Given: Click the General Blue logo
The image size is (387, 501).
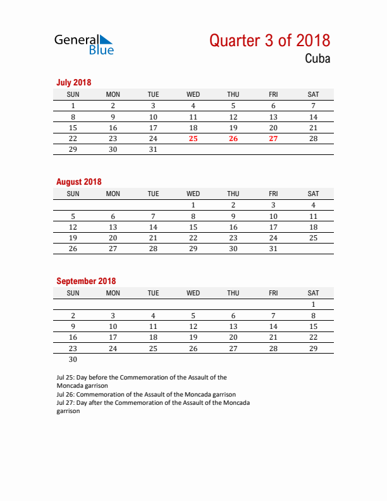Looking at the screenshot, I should pyautogui.click(x=84, y=44).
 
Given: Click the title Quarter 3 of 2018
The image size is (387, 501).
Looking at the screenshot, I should pyautogui.click(x=269, y=40).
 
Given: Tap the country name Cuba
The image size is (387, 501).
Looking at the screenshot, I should pyautogui.click(x=316, y=59).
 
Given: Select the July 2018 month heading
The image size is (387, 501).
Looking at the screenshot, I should pyautogui.click(x=74, y=82).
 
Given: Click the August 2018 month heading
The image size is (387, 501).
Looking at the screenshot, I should pyautogui.click(x=78, y=182).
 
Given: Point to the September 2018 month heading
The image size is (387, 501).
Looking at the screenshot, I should pyautogui.click(x=86, y=281).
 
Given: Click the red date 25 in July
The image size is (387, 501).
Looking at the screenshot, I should pyautogui.click(x=193, y=139).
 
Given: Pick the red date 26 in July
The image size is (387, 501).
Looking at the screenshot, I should pyautogui.click(x=233, y=139).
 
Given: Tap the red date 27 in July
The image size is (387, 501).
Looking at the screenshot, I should pyautogui.click(x=273, y=139).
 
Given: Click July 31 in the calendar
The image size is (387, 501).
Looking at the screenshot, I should pyautogui.click(x=153, y=150).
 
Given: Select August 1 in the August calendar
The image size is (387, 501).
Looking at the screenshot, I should pyautogui.click(x=193, y=205).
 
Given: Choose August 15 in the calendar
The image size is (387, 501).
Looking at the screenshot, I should pyautogui.click(x=193, y=227).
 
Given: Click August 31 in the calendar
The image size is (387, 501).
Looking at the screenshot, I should pyautogui.click(x=273, y=249).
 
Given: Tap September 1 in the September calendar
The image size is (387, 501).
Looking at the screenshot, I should pyautogui.click(x=313, y=304).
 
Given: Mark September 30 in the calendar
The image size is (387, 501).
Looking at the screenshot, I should pyautogui.click(x=73, y=359).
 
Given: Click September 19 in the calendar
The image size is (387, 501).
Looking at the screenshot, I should pyautogui.click(x=193, y=337).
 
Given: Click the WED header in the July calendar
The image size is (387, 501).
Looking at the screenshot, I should pyautogui.click(x=193, y=94).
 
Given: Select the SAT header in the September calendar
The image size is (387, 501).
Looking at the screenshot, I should pyautogui.click(x=313, y=293).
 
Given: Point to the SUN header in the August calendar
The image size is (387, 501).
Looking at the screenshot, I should pyautogui.click(x=73, y=194).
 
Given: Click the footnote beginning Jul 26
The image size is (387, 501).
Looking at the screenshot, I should pyautogui.click(x=145, y=393).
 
